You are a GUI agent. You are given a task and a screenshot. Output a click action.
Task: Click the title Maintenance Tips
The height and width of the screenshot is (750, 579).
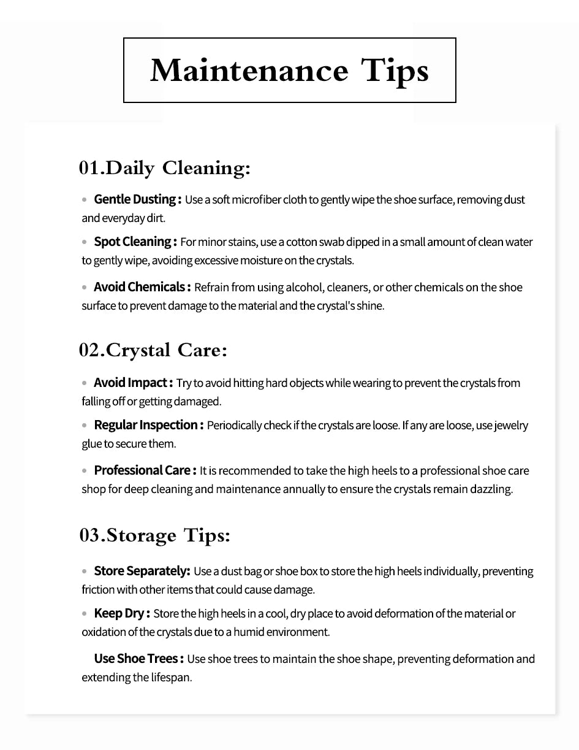289,71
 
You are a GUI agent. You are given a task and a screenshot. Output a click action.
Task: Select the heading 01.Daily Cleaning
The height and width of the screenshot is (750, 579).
164,168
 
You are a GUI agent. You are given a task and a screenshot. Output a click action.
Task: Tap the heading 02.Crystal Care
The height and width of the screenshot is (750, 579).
153,350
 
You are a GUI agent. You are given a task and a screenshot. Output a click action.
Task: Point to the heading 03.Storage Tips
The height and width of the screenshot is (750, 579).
154,535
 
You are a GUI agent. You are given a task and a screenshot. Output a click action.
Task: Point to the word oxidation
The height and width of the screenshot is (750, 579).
102,632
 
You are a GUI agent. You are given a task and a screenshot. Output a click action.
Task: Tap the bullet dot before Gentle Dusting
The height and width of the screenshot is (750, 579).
85,200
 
